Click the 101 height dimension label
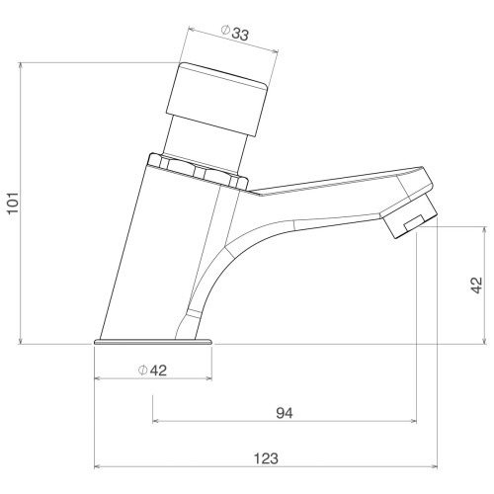pos(14,203)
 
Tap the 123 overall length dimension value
pos(266,458)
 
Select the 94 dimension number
pos(285,413)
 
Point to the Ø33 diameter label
pos(235,33)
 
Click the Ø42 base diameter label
pos(152,370)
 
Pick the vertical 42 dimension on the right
pos(476,285)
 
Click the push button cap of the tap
pos(217,99)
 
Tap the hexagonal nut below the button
pos(199,171)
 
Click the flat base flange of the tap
pos(153,341)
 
